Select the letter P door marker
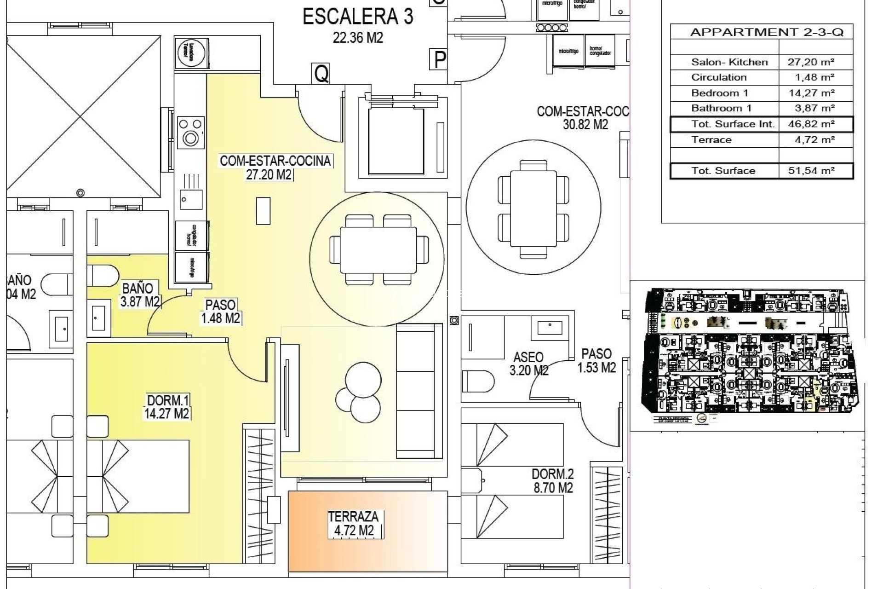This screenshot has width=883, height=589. [440, 60]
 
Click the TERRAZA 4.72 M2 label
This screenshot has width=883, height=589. [353, 524]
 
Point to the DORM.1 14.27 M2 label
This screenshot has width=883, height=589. [166, 407]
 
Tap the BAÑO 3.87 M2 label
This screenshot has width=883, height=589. [140, 295]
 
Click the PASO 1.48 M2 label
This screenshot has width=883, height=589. [221, 312]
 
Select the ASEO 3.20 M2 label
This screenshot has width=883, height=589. [528, 364]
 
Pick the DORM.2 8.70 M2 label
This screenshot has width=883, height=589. [552, 481]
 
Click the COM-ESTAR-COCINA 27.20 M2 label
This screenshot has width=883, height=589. [275, 167]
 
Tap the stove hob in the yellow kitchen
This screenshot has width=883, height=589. [190, 131]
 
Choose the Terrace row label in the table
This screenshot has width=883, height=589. [711, 140]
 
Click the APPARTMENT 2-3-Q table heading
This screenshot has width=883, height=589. [767, 32]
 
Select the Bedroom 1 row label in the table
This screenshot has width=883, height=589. [719, 93]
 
